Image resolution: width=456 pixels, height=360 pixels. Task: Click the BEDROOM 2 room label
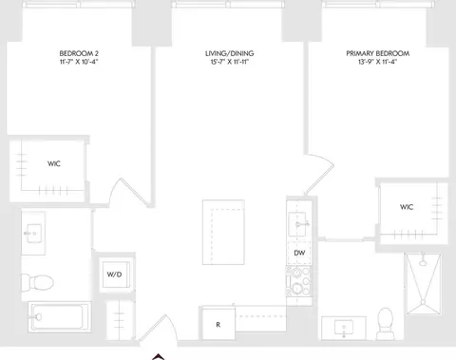(x=79, y=53)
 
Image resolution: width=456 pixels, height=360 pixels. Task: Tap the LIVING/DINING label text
(x=229, y=53)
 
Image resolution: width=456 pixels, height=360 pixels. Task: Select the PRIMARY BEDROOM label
(x=378, y=53)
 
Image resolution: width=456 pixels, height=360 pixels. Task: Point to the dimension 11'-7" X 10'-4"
(x=79, y=62)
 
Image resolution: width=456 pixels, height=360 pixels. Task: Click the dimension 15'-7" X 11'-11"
(x=229, y=62)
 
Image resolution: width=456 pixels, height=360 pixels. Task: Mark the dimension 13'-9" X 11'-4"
(x=378, y=62)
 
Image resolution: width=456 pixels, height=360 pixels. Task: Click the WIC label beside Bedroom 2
(x=54, y=163)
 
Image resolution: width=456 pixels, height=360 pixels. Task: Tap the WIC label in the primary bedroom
(x=407, y=207)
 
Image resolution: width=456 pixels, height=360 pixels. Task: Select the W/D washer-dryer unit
(x=115, y=275)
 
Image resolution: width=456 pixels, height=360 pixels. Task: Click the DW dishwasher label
(x=299, y=253)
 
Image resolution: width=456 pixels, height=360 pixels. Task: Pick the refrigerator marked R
(x=218, y=323)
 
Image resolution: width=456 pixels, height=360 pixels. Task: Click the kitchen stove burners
(x=299, y=281)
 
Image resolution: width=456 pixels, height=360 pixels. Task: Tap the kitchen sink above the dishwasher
(x=297, y=224)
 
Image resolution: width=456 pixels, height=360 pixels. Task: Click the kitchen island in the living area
(x=223, y=232)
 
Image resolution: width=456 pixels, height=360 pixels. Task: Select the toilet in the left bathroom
(x=37, y=282)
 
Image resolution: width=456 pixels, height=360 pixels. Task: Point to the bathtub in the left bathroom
(x=59, y=316)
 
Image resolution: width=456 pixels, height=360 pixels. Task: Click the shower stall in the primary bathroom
(x=423, y=284)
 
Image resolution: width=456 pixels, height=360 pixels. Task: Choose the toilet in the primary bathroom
(x=386, y=324)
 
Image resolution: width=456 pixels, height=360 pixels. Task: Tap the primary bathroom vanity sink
(x=344, y=328)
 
